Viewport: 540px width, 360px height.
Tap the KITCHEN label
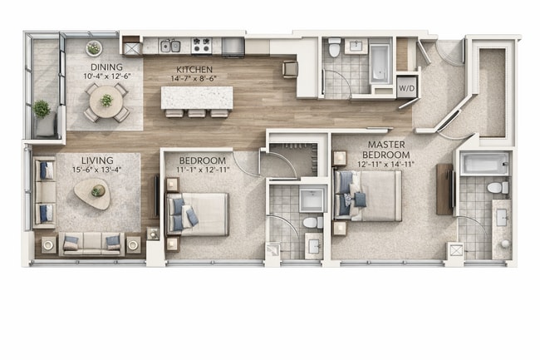click(x=194, y=69)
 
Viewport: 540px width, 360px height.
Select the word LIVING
click(x=98, y=159)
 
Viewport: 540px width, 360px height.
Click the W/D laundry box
click(x=407, y=87)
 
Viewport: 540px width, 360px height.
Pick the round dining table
click(x=106, y=101)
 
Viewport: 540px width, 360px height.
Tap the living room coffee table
click(x=91, y=194)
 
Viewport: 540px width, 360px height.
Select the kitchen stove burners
click(x=201, y=45)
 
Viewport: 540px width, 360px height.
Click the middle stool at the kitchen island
click(x=198, y=112)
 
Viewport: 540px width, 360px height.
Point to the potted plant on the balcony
click(x=42, y=110)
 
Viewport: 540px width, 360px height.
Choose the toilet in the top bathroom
click(x=335, y=47)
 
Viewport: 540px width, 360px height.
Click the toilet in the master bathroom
click(x=497, y=189)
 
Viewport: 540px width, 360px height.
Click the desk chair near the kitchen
click(x=290, y=68)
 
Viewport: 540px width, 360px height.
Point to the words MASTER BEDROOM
click(x=388, y=150)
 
